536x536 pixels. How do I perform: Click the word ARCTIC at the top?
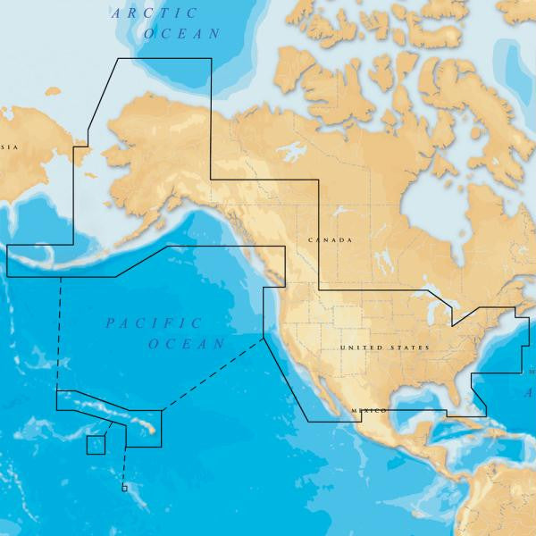click(x=146, y=13)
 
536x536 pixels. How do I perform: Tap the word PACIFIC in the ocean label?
click(x=154, y=323)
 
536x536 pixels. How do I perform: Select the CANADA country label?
click(x=330, y=241)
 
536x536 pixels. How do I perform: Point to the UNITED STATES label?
click(x=385, y=348)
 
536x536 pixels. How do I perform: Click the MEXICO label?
click(x=369, y=410)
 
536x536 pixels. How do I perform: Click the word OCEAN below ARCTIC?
click(x=184, y=34)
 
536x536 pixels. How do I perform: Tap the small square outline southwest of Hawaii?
click(x=96, y=445)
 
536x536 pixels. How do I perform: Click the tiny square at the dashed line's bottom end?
click(x=124, y=488)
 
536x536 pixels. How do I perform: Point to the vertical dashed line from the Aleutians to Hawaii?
click(x=60, y=331)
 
